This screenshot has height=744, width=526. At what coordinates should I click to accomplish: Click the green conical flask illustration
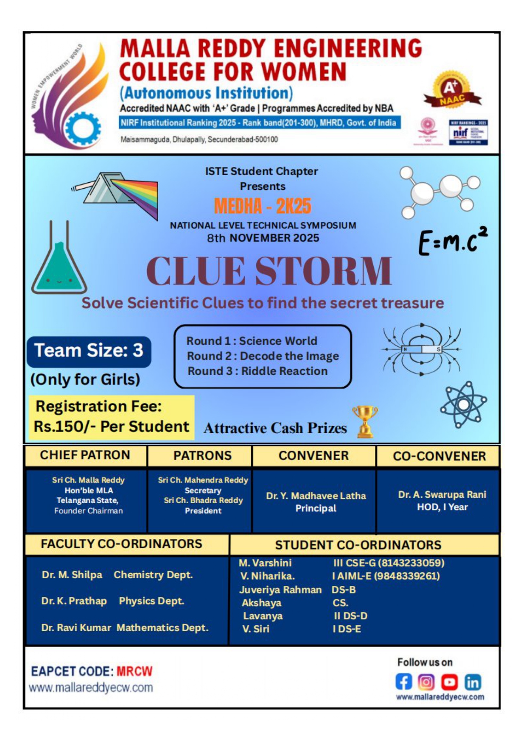tap(59, 263)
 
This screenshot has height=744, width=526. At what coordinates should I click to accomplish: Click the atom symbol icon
tap(463, 404)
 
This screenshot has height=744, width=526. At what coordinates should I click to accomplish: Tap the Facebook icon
tap(403, 682)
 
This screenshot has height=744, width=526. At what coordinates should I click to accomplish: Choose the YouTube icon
tap(450, 682)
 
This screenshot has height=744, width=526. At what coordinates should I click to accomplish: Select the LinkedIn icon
tap(473, 682)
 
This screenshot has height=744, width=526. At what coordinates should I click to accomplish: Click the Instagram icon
tap(426, 682)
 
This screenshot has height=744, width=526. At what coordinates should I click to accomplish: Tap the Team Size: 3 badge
tap(89, 351)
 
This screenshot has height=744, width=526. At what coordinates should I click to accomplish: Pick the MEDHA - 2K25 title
tap(263, 206)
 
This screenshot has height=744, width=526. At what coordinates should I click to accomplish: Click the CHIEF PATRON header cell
tap(85, 455)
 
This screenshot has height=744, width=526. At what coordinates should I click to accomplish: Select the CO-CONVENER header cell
tap(439, 456)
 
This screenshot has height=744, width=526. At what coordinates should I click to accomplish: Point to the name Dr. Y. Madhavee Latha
tap(316, 496)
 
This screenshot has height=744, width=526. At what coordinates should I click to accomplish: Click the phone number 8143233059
tap(411, 563)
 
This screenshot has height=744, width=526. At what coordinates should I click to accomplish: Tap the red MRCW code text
tap(134, 672)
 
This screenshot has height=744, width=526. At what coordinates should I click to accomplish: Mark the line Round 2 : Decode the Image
tap(263, 356)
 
